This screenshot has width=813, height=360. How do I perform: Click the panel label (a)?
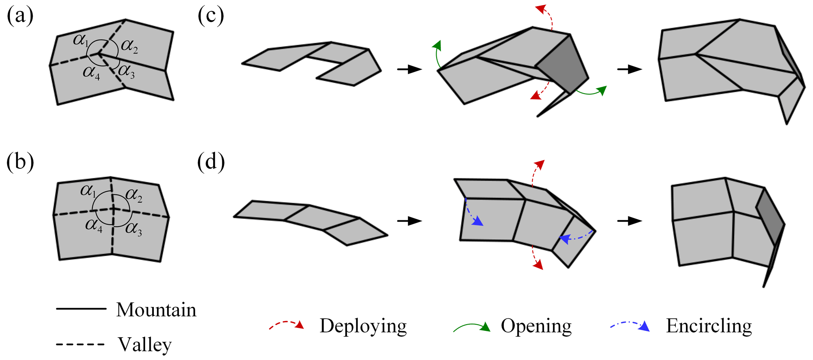point(20,17)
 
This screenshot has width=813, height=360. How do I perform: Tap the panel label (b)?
point(20,162)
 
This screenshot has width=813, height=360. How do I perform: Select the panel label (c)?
point(211,17)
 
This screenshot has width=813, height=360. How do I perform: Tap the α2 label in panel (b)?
point(134,195)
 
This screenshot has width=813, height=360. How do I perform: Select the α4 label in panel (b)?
point(94,225)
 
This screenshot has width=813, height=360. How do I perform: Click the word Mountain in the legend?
point(156,310)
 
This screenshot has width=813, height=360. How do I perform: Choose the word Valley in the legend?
point(145,345)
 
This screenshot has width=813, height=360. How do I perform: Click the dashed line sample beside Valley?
point(81,345)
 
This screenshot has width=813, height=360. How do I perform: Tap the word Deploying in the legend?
point(363,326)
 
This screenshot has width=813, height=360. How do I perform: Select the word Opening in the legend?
point(536,326)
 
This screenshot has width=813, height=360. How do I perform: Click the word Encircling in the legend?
point(709,326)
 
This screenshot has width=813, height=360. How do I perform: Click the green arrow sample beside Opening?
point(472,327)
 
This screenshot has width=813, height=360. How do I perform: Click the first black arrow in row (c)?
point(409,70)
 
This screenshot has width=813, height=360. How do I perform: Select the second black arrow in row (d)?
point(629,221)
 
